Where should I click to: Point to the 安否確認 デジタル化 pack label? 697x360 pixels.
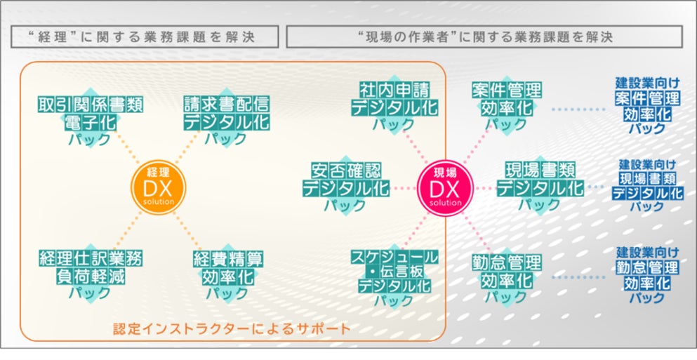(x=345, y=187)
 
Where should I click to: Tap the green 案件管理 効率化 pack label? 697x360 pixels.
(x=506, y=106)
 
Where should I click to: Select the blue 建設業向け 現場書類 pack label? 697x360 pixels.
(x=646, y=186)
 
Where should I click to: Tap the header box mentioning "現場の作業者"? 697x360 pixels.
(x=484, y=36)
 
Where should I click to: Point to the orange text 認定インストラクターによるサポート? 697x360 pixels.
(x=232, y=328)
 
